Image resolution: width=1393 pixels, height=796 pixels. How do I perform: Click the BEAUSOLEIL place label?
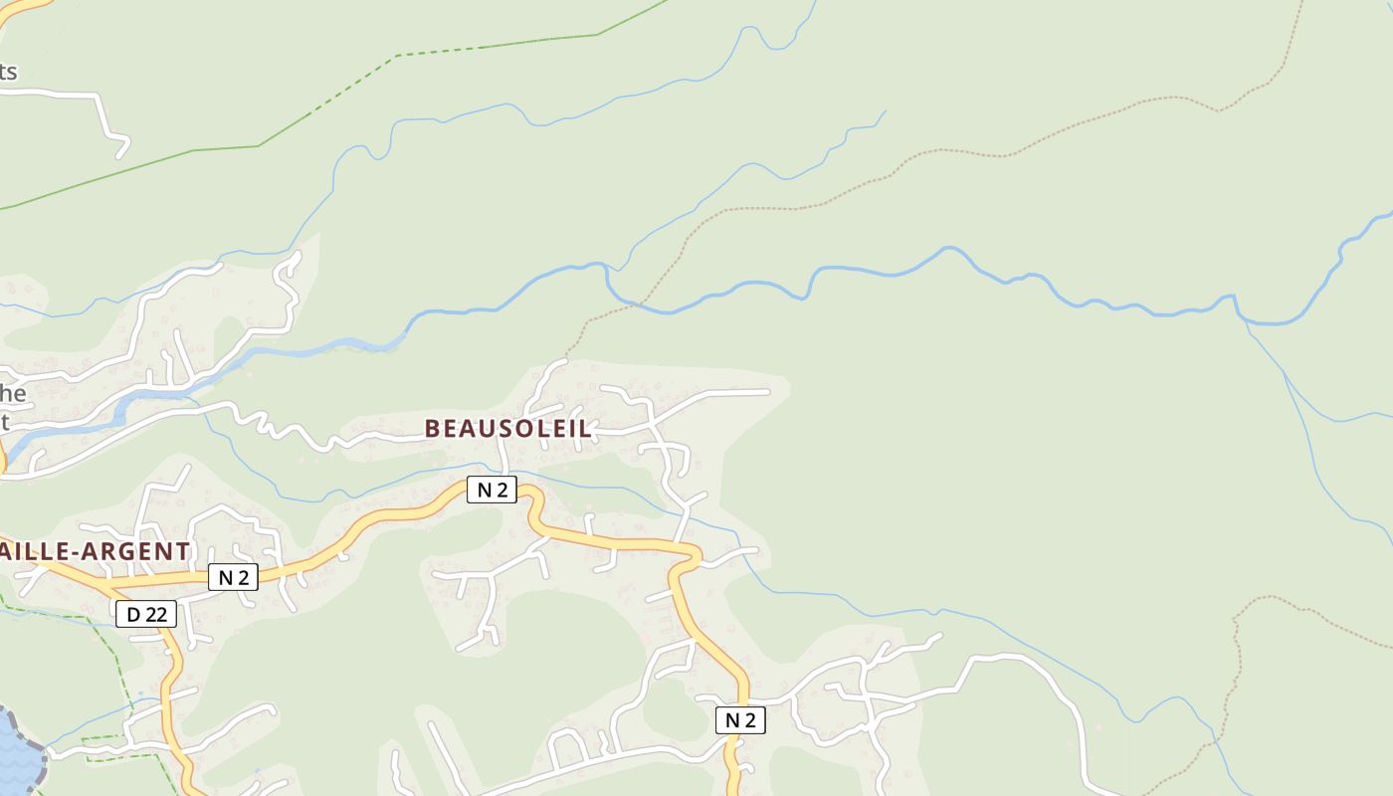point(507,429)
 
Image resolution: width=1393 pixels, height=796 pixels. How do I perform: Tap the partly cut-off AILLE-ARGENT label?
point(95,551)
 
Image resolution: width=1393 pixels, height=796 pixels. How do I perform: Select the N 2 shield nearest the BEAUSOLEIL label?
point(493,490)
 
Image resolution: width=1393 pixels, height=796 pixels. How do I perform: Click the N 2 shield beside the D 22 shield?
point(233,577)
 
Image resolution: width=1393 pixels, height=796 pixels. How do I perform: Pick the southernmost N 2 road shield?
point(740,720)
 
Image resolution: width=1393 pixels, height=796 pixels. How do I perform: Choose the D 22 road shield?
point(146,615)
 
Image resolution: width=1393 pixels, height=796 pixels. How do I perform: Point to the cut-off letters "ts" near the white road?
point(8,72)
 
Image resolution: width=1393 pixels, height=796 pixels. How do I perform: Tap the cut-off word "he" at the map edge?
point(13,393)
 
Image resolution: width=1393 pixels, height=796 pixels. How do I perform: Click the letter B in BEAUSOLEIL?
point(432,429)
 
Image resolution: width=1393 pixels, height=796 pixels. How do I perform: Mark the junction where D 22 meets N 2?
point(99,583)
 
